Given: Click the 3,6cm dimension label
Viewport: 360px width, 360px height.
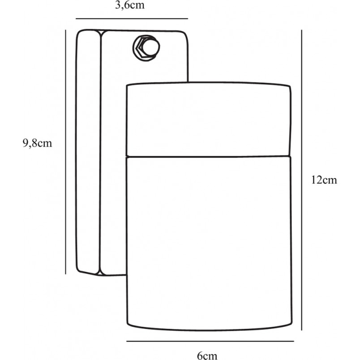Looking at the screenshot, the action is [130, 5].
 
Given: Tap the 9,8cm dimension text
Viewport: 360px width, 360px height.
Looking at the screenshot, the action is [37, 143].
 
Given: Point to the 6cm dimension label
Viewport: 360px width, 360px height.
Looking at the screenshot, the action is [207, 356].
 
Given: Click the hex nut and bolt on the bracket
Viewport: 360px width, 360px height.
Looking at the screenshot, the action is [146, 48].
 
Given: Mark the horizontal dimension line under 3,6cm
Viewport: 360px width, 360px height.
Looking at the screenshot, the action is [132, 19].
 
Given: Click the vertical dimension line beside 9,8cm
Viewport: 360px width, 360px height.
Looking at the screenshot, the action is [65, 152].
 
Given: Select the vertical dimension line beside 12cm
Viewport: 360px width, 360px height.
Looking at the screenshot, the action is [301, 180].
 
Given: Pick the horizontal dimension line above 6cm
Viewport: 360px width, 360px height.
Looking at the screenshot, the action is [210, 341].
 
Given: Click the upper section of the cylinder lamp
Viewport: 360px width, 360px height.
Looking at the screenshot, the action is [209, 120].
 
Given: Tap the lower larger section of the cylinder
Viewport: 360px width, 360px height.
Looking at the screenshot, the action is [209, 244].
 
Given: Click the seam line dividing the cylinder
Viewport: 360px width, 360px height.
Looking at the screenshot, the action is [209, 157].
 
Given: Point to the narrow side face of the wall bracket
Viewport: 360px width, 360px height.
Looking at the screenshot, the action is [88, 152].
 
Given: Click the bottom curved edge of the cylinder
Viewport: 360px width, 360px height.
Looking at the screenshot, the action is [210, 328].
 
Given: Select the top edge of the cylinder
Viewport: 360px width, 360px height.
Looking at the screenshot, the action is [209, 83].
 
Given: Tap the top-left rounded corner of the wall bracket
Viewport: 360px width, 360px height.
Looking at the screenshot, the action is [80, 33].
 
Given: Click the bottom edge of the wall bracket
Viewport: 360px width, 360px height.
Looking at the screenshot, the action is [101, 274].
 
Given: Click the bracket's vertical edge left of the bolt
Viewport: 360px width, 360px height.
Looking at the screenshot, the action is [100, 152].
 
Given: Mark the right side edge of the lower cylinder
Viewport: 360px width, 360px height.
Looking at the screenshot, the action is [291, 240].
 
